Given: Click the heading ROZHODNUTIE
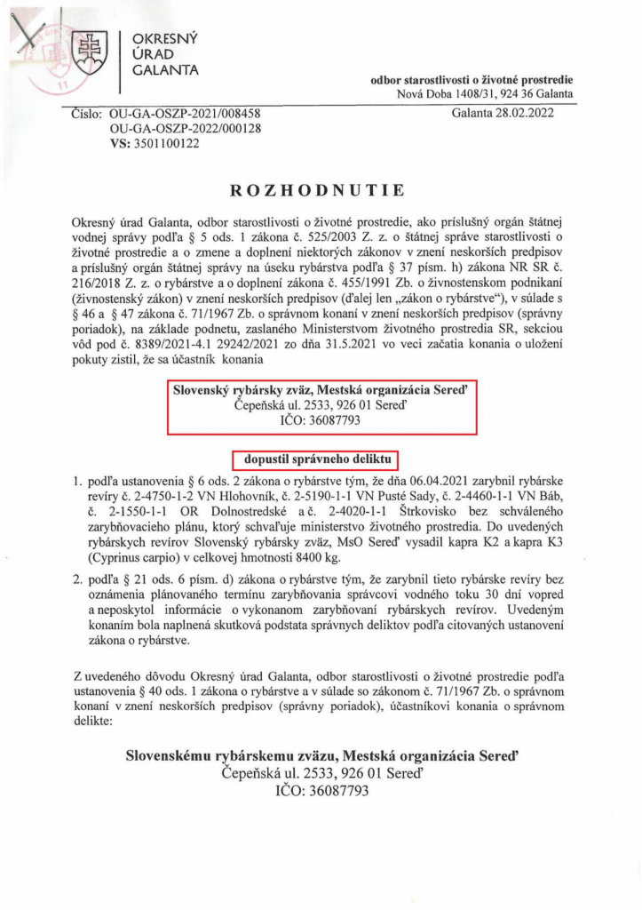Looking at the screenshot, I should point(317,189).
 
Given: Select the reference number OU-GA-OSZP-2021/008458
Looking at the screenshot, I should point(183,114).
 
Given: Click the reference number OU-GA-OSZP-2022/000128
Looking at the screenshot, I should point(183,128).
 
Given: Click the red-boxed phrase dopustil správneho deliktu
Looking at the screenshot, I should point(315,459).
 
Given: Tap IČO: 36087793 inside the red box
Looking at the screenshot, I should point(323,419).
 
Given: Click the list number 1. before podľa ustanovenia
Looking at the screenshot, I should point(77,480).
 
